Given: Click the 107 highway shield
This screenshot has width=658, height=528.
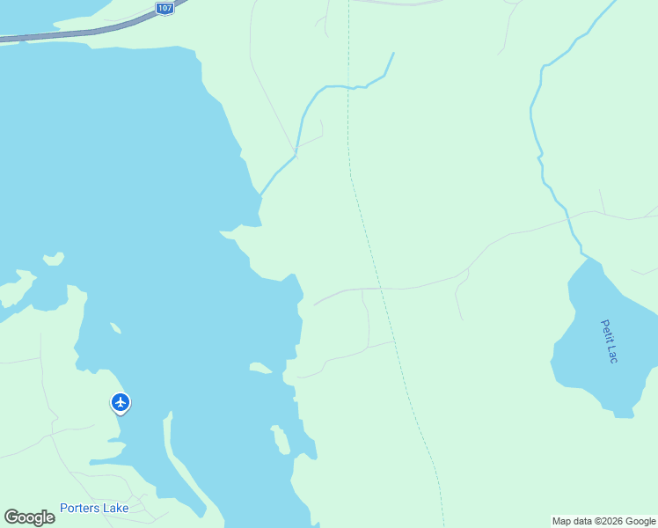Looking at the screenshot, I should [x=164, y=7].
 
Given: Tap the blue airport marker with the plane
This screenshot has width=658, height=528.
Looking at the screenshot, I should [x=121, y=402].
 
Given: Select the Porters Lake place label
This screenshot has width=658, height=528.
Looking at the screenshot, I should [x=94, y=508].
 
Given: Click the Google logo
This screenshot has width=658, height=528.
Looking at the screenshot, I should [x=29, y=517].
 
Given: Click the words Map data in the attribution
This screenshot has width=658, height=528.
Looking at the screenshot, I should [x=574, y=521].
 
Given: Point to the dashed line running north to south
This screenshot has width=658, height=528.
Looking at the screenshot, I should [x=369, y=246].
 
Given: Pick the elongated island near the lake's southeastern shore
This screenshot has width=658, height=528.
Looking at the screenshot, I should [x=281, y=438].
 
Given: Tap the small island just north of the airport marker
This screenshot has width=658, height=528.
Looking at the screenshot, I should [x=114, y=328].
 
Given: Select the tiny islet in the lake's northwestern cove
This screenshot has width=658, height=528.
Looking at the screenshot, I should [x=55, y=258].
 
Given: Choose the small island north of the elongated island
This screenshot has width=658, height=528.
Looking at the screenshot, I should [x=260, y=367].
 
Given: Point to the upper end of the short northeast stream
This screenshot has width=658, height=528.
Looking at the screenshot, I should [x=392, y=54].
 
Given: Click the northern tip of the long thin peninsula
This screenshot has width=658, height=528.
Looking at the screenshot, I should [x=166, y=414].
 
